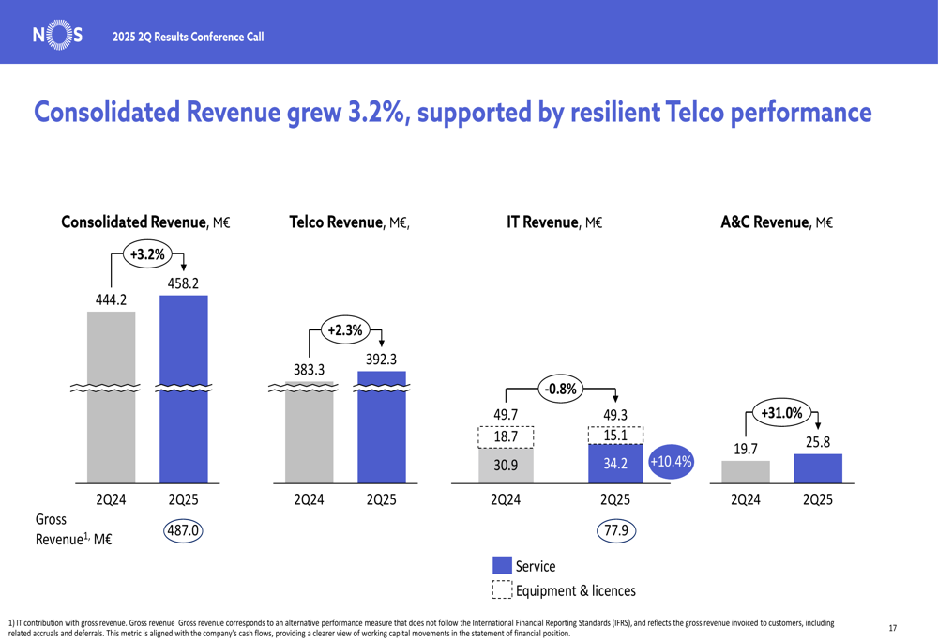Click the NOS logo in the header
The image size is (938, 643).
click(x=57, y=36)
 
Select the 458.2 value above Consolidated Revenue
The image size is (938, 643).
click(x=183, y=283)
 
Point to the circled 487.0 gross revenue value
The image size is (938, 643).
click(x=183, y=530)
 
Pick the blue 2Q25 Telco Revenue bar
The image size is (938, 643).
click(x=381, y=427)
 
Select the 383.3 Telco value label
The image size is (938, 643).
click(x=309, y=370)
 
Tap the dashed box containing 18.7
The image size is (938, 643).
click(x=506, y=437)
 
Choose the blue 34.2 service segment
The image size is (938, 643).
click(x=614, y=462)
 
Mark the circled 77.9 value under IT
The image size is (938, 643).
click(x=615, y=531)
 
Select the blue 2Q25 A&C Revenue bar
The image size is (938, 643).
click(x=818, y=467)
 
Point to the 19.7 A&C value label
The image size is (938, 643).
click(x=746, y=449)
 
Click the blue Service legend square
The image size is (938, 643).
click(x=502, y=566)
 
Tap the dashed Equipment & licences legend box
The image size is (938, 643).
click(x=502, y=590)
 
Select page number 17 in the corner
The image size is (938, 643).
click(x=892, y=628)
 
